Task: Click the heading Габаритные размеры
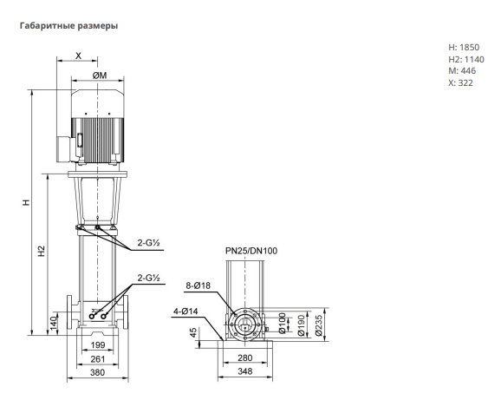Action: (68, 25)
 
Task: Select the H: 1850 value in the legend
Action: (464, 48)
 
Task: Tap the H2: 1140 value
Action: (466, 59)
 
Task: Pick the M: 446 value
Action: (462, 71)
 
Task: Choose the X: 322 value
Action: (460, 83)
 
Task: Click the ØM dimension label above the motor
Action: (100, 75)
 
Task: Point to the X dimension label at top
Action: (78, 56)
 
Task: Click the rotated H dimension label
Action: (27, 202)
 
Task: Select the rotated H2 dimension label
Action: (42, 251)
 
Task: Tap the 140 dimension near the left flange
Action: (54, 323)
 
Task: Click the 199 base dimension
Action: (98, 345)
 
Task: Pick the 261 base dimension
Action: (98, 359)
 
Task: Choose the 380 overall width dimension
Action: (97, 372)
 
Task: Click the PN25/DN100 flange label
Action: (251, 251)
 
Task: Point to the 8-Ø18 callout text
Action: (198, 285)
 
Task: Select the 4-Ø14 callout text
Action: (185, 311)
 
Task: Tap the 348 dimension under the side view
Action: (245, 371)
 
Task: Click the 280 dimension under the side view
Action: (245, 358)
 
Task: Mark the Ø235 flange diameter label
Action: (318, 325)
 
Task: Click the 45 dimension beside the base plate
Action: (193, 332)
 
